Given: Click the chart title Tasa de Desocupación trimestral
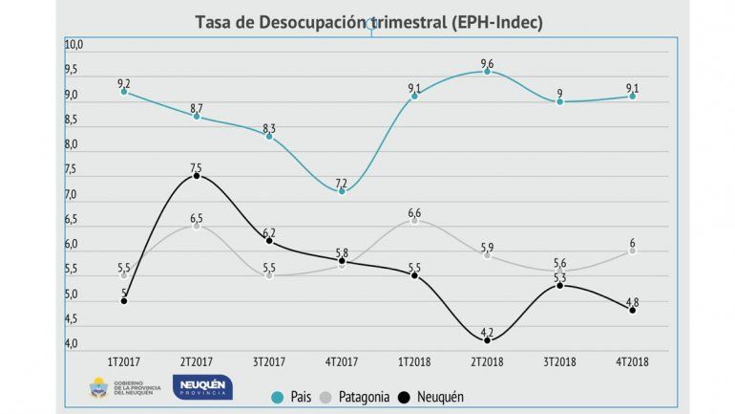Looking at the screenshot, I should (x=368, y=22).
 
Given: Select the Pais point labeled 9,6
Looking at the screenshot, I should (x=487, y=71).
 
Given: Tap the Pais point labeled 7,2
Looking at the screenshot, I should (x=342, y=190).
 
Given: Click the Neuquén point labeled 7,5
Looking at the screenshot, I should (x=197, y=176).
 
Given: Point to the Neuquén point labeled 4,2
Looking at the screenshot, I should (x=487, y=340).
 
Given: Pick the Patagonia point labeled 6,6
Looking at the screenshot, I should (x=414, y=220).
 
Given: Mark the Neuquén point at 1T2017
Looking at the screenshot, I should (x=124, y=300).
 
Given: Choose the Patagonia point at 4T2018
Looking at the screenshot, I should (x=632, y=251).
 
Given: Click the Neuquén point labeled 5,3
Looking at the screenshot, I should (x=559, y=285).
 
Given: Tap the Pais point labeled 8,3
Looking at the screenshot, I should (x=269, y=136).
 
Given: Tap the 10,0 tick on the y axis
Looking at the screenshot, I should (x=74, y=45).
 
